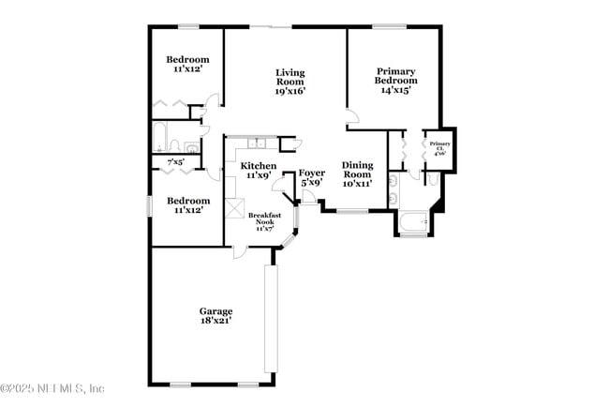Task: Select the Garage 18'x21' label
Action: (215, 316)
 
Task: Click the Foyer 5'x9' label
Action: (311, 178)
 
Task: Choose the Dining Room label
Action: (357, 173)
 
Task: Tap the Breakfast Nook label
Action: (265, 220)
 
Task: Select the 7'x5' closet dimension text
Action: (175, 163)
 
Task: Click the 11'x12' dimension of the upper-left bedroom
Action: (186, 68)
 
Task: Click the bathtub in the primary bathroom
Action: (412, 223)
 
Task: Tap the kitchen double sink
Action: (260, 143)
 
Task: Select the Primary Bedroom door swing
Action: (351, 118)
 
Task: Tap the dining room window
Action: (351, 212)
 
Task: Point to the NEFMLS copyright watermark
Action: (53, 388)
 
